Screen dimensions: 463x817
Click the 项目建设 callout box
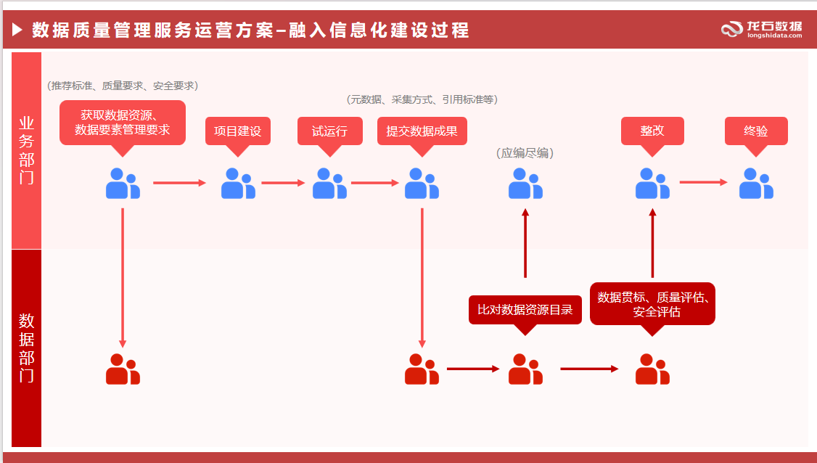(x=237, y=131)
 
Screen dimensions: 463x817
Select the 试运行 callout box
(x=329, y=131)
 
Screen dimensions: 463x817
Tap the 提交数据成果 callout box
(x=422, y=131)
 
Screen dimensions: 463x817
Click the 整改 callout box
(x=652, y=131)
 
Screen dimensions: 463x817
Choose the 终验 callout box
(x=756, y=131)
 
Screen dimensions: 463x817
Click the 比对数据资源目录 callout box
(x=525, y=310)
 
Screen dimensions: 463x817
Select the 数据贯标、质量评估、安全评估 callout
(x=652, y=303)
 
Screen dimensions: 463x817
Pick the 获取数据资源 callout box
(x=123, y=123)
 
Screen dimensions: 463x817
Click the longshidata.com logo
(x=762, y=29)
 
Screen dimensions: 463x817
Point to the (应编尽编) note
(x=525, y=153)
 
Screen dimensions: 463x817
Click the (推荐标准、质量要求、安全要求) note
(x=123, y=86)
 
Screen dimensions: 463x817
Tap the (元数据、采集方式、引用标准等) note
(x=422, y=99)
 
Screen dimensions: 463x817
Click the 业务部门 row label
(x=26, y=150)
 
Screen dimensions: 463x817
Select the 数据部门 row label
(x=26, y=348)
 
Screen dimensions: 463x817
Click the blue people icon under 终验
(x=756, y=184)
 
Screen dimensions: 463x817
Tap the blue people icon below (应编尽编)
(x=525, y=184)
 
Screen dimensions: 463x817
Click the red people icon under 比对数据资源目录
(x=525, y=369)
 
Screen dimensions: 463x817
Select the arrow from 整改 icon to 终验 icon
(x=702, y=182)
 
